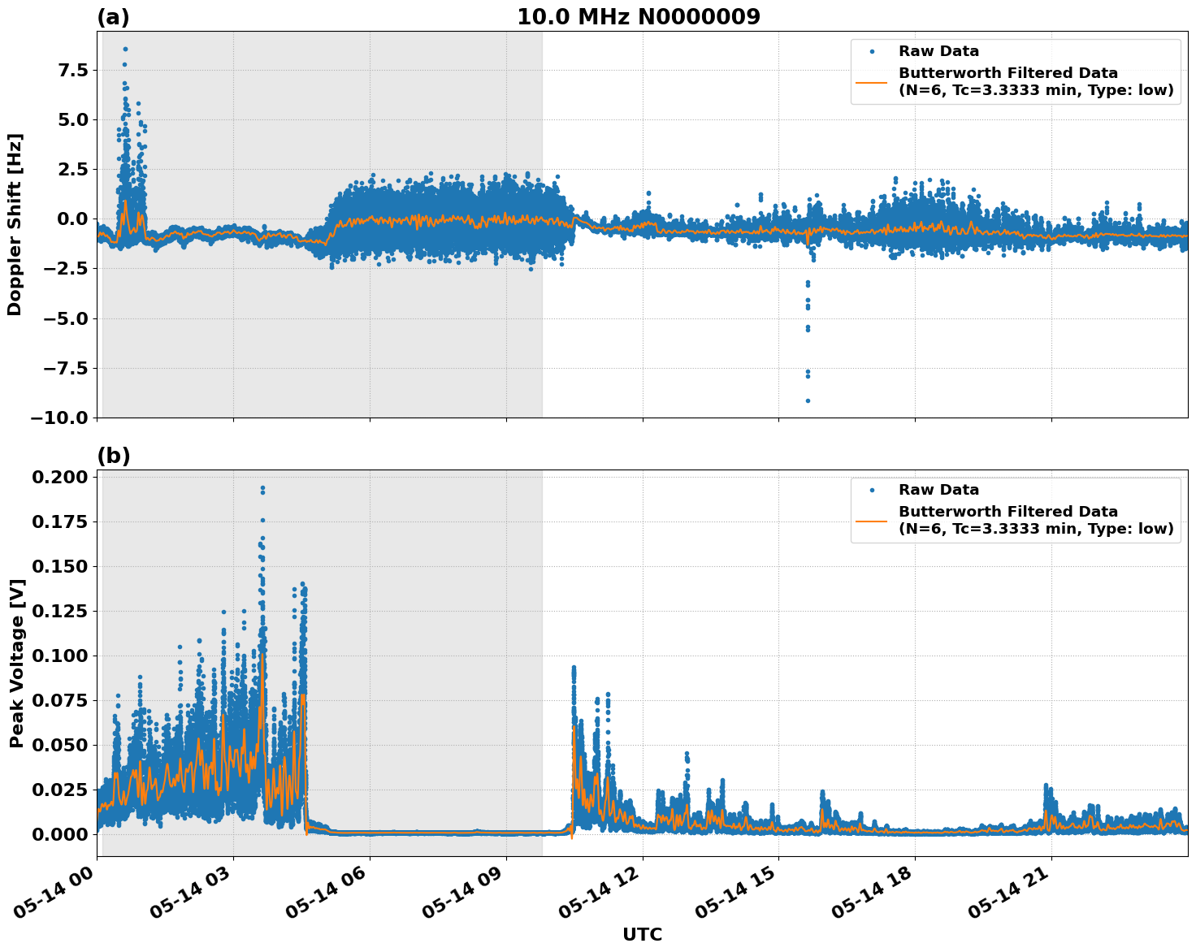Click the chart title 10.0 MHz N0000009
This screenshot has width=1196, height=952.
639,17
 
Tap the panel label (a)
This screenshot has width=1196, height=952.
113,17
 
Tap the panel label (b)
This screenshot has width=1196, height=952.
113,456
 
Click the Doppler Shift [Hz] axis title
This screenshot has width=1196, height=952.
15,224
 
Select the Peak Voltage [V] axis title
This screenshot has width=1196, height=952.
16,663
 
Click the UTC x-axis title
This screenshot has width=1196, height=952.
642,934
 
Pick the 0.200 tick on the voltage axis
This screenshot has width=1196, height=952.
60,477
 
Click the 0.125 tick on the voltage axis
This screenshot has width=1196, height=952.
60,611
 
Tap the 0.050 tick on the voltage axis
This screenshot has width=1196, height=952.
60,745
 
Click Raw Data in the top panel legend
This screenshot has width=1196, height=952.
938,51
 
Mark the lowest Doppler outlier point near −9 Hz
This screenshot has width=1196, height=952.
808,400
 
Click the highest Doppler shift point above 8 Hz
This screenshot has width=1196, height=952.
125,49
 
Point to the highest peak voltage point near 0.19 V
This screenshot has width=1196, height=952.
262,487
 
